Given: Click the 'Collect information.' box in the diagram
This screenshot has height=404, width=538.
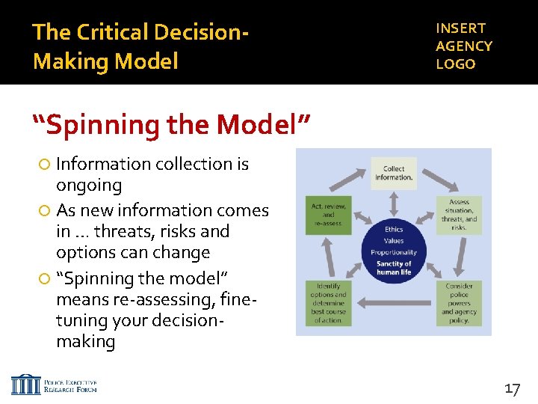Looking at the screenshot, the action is pyautogui.click(x=394, y=173).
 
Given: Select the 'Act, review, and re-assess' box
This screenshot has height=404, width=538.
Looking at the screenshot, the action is pyautogui.click(x=328, y=214).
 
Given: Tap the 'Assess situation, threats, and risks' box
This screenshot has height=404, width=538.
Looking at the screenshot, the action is pyautogui.click(x=459, y=215).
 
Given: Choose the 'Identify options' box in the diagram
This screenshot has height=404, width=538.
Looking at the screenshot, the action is pyautogui.click(x=328, y=302).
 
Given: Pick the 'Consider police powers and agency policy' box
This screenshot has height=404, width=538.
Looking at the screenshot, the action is pyautogui.click(x=459, y=302).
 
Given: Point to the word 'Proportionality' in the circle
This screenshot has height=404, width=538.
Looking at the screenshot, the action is pyautogui.click(x=394, y=253).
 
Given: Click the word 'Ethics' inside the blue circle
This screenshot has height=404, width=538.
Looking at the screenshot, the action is pyautogui.click(x=394, y=229).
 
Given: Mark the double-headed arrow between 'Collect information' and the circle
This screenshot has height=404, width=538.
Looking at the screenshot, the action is pyautogui.click(x=394, y=200).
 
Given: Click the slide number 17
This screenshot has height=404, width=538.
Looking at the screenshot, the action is pyautogui.click(x=513, y=388).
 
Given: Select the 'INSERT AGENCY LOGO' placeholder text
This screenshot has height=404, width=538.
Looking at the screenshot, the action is pyautogui.click(x=464, y=46).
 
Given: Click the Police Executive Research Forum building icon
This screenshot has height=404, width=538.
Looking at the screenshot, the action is pyautogui.click(x=26, y=385).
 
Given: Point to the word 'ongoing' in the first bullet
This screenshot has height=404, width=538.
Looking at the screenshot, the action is pyautogui.click(x=89, y=185).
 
